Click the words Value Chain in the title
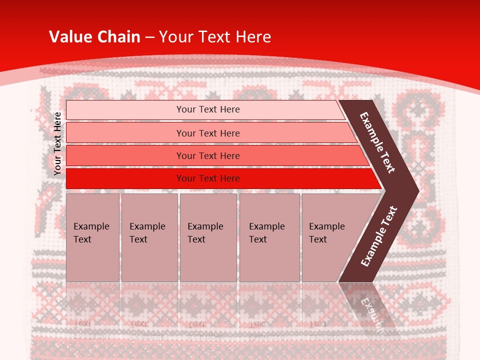pyautogui.click(x=94, y=36)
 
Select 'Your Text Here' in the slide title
pyautogui.click(x=215, y=36)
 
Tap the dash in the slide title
pyautogui.click(x=149, y=37)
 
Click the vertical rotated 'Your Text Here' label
pyautogui.click(x=57, y=143)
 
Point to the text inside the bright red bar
pyautogui.click(x=208, y=178)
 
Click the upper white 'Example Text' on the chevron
pyautogui.click(x=377, y=143)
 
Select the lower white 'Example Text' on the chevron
pyautogui.click(x=378, y=236)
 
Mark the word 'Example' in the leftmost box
pyautogui.click(x=91, y=226)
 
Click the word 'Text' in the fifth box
pyautogui.click(x=317, y=239)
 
